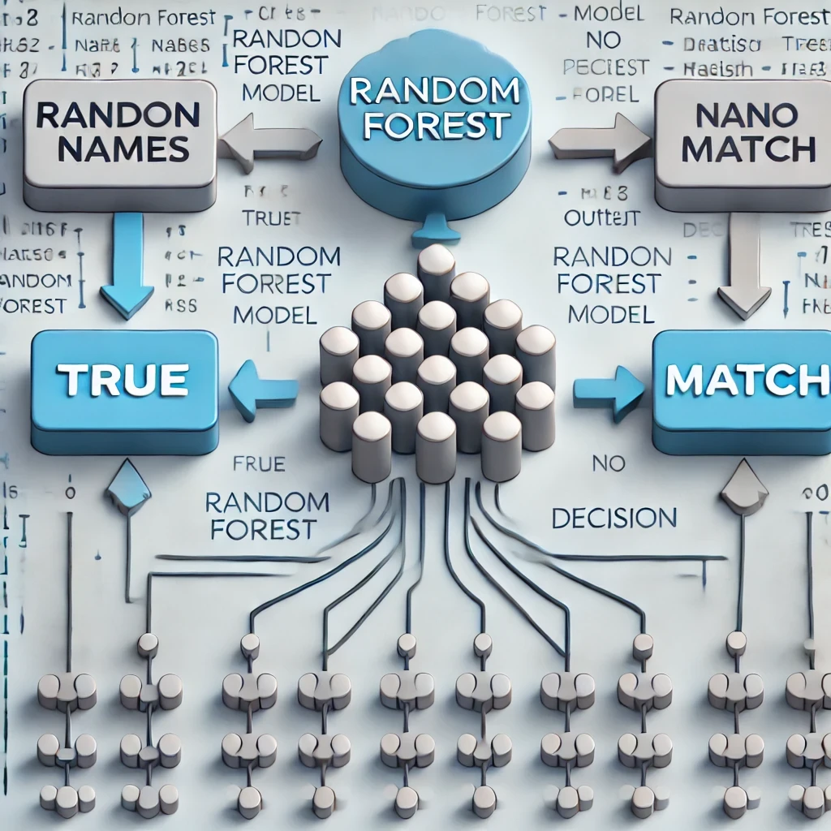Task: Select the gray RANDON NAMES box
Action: point(119,135)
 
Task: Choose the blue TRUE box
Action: point(124,381)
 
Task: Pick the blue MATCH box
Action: point(741,381)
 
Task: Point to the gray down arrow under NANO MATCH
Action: point(744,267)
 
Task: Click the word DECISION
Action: point(614,517)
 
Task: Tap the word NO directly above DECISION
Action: point(609,464)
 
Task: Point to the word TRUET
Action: point(271,217)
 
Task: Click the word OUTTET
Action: point(601,217)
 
